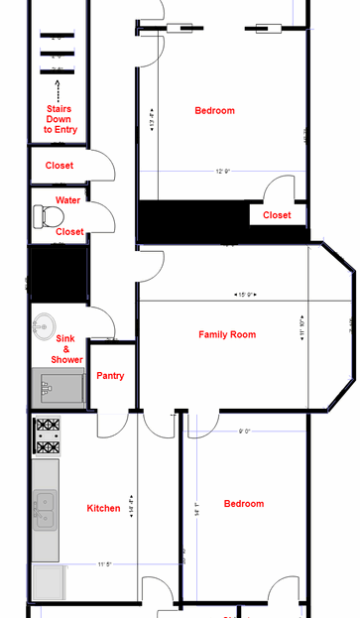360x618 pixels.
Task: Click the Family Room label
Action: [227, 335]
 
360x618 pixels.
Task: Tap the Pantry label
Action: [109, 376]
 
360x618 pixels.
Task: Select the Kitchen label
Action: [103, 508]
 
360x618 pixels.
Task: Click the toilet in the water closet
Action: [44, 214]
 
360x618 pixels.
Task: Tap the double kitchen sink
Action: [46, 509]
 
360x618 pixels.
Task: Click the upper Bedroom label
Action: [214, 111]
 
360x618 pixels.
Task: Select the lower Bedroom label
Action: [243, 504]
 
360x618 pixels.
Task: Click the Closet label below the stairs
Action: [59, 166]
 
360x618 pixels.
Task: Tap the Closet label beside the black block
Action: [277, 215]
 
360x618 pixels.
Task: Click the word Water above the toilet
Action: [68, 200]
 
